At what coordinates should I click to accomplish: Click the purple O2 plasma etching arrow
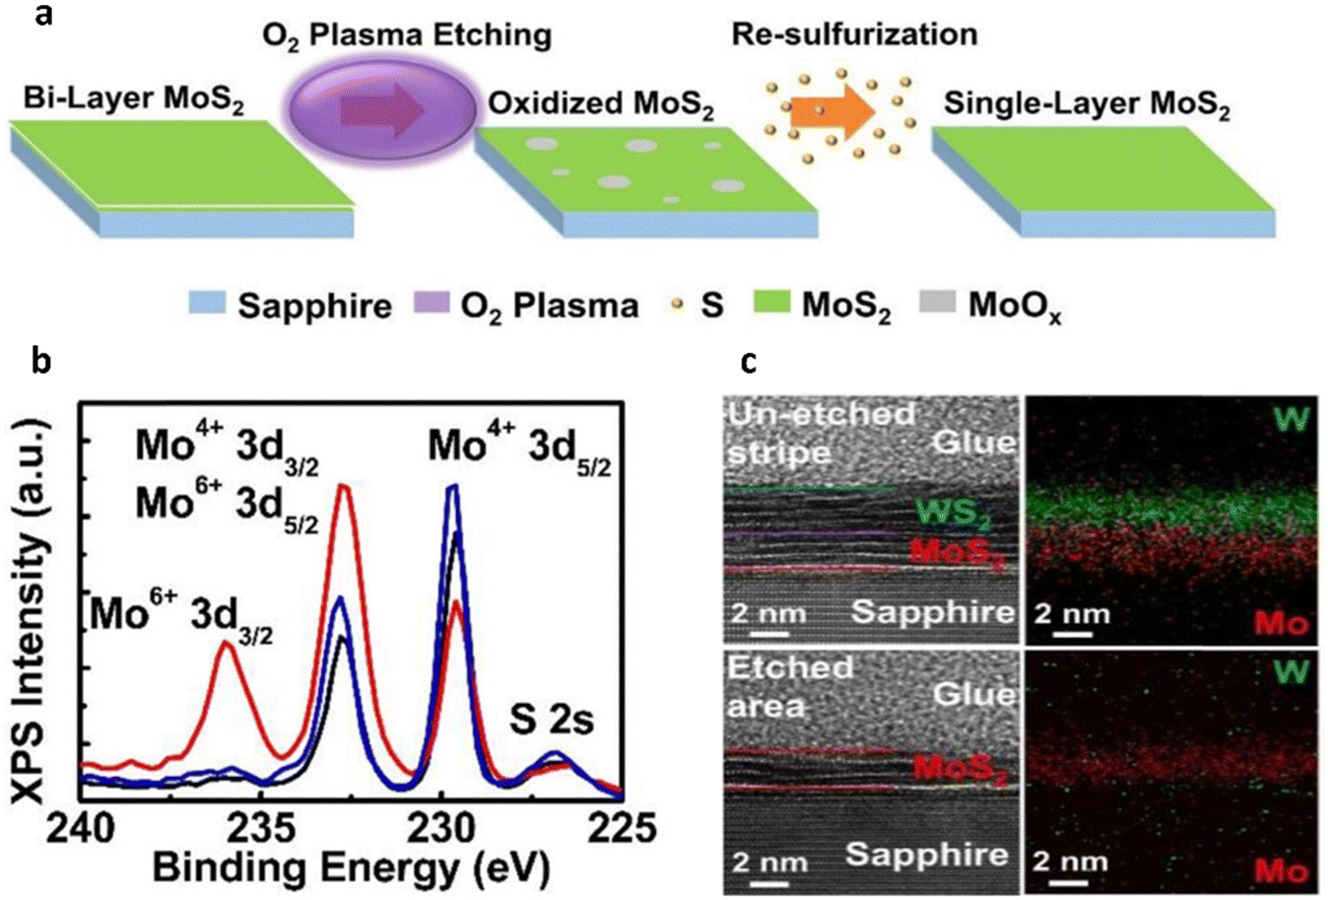[x=382, y=110]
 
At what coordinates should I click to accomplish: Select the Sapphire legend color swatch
[x=207, y=305]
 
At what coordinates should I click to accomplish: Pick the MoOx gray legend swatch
[x=939, y=305]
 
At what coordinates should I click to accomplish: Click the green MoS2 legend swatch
[x=771, y=305]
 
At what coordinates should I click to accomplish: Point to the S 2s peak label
[x=552, y=721]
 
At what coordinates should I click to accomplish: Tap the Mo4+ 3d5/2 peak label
[x=519, y=450]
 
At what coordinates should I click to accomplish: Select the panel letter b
[x=41, y=361]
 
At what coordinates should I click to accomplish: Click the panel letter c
[x=749, y=362]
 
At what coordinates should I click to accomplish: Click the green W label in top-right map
[x=1291, y=418]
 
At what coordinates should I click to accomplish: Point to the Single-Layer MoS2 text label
[x=1087, y=104]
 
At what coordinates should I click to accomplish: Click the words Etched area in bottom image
[x=790, y=685]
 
